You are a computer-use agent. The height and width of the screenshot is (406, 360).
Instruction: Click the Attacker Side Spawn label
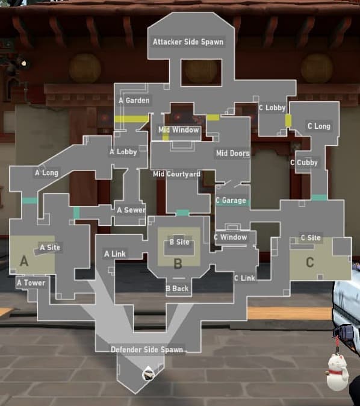(x=188, y=42)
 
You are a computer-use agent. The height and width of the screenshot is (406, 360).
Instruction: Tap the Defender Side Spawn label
(x=146, y=349)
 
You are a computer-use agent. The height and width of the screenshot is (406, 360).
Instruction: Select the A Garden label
(x=134, y=101)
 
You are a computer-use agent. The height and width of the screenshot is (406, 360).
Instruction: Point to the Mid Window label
(x=179, y=130)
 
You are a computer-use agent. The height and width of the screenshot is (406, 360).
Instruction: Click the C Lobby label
(x=272, y=108)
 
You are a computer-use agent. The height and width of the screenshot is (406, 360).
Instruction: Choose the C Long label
(x=318, y=126)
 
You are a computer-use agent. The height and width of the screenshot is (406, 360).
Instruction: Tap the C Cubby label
(x=304, y=163)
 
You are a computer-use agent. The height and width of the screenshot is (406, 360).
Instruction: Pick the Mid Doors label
(x=232, y=154)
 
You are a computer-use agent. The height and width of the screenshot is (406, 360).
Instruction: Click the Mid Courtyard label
(x=176, y=175)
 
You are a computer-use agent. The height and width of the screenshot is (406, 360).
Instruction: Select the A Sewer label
(x=131, y=210)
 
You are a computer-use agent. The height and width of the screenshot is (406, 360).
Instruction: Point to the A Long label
(x=46, y=173)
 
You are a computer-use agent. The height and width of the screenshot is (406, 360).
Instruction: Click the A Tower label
(x=31, y=283)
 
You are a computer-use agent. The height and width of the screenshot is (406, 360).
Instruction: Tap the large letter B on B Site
(x=178, y=263)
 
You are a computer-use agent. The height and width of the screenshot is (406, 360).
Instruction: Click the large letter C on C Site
(x=310, y=262)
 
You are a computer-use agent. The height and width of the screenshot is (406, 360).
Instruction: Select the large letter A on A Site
(x=24, y=261)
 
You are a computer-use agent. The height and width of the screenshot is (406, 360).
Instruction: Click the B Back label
(x=177, y=289)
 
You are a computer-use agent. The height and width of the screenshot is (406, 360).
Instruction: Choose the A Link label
(x=115, y=254)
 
